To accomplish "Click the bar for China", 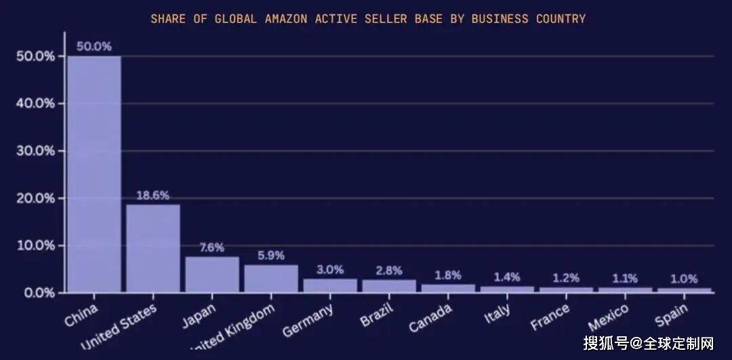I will click(94, 174).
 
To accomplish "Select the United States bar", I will click(153, 248).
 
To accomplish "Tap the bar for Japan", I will click(212, 274).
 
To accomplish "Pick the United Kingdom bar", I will click(271, 278).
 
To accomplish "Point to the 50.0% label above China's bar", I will click(94, 46).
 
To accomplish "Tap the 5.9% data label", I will click(271, 256).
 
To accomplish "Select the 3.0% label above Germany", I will click(330, 269).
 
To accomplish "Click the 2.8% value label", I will click(389, 270).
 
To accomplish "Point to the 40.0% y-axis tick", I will click(36, 103).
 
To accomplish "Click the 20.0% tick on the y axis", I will click(36, 198).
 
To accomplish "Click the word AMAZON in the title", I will click(287, 18).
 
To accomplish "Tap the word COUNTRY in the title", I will click(561, 18).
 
